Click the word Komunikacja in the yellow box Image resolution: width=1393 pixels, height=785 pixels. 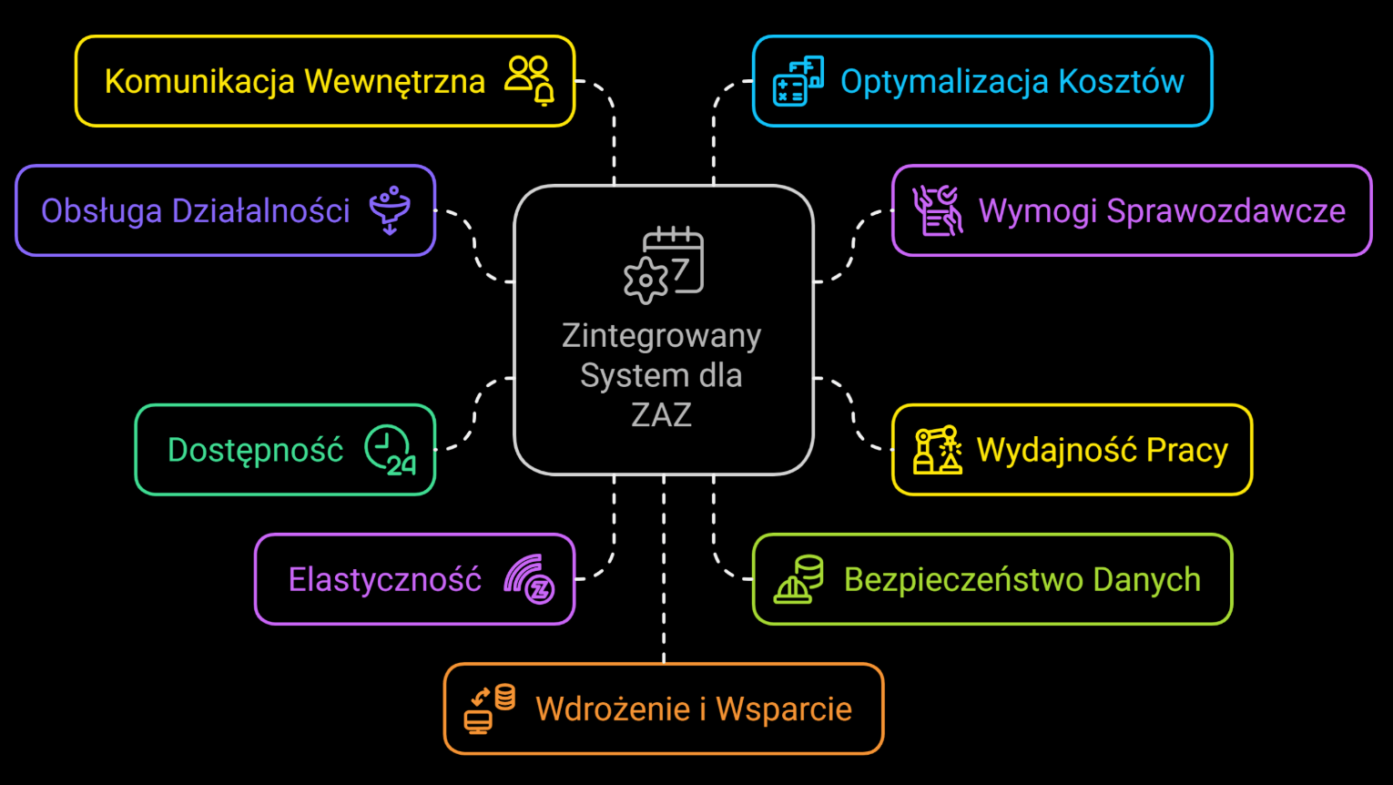199,81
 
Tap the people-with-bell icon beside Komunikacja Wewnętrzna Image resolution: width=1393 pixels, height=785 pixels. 530,80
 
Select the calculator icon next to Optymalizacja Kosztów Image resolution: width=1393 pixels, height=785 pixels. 798,81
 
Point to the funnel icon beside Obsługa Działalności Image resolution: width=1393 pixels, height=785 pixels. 390,210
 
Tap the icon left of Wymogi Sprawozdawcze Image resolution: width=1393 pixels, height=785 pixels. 938,210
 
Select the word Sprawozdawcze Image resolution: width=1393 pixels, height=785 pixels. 1225,210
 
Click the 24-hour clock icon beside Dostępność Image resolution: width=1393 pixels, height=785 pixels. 390,450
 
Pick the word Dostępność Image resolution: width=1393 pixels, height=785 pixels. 255,450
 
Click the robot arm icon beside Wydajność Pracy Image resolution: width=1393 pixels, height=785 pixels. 938,450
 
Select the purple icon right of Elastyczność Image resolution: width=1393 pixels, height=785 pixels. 530,579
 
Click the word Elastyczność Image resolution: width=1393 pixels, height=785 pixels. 384,579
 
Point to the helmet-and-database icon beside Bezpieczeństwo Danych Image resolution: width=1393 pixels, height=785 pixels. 798,579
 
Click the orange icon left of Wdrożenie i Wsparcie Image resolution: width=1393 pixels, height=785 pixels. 490,709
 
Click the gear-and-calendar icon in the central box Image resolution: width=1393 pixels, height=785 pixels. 664,264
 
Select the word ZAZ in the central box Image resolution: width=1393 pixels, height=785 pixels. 662,414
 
